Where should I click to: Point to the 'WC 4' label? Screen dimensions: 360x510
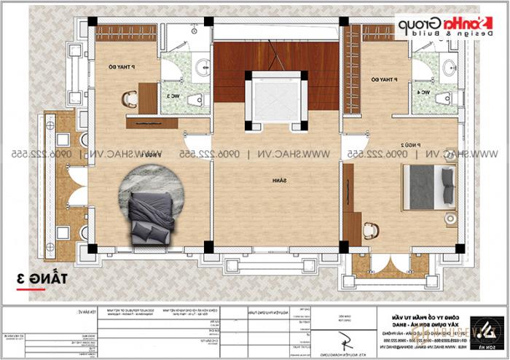[x=421, y=93]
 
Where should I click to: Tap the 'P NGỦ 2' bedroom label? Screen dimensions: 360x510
[x=411, y=146]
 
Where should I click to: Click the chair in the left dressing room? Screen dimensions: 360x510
[x=131, y=95]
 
